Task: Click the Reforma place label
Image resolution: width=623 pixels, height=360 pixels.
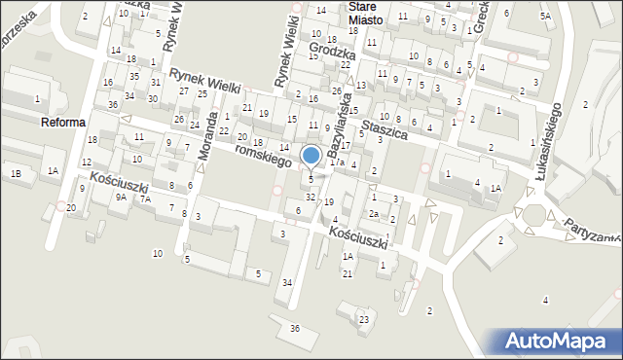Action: point(63,123)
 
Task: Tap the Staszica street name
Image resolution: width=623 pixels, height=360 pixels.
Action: point(383,127)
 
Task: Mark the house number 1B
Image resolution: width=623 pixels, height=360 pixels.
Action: point(16,173)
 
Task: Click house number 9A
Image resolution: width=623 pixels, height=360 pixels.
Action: point(121,197)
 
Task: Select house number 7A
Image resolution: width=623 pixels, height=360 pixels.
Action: point(145,199)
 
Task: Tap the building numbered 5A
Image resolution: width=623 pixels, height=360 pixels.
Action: point(545,16)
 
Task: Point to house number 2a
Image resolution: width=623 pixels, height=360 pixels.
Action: point(373,214)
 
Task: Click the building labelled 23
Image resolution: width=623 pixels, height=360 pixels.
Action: point(364,319)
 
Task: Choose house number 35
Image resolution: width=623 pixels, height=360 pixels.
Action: point(134,76)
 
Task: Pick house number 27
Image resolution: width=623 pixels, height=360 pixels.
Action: point(184,90)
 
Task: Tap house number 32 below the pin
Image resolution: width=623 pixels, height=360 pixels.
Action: point(310,198)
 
